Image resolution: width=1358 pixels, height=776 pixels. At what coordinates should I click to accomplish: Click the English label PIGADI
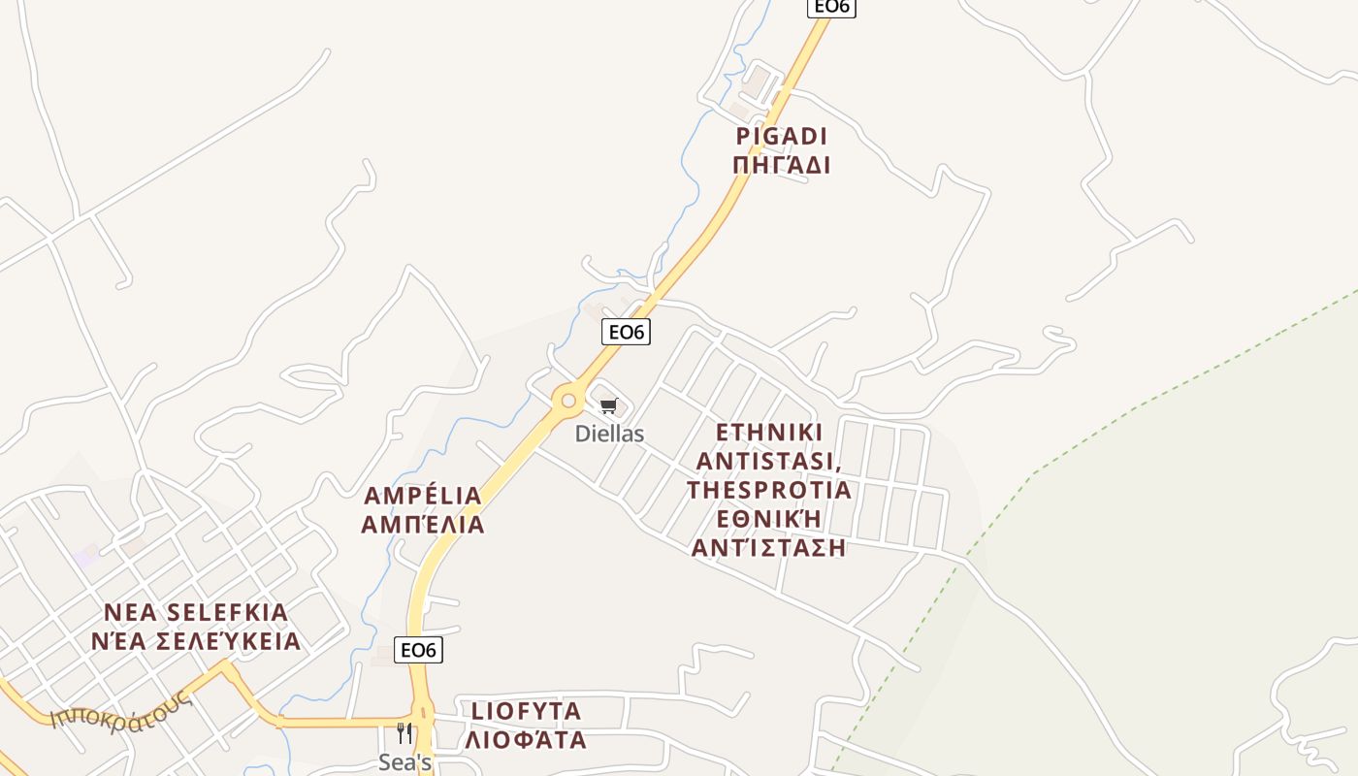pos(781,136)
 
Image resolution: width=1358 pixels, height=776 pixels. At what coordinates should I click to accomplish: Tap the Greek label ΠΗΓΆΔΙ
pos(781,165)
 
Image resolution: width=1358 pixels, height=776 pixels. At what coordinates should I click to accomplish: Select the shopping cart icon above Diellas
pos(608,405)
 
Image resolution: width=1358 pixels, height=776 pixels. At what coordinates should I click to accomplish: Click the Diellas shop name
pos(609,434)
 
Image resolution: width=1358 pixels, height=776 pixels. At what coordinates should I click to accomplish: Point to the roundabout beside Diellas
pos(567,400)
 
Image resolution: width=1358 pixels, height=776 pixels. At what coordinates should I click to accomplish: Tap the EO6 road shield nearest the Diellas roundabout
pos(626,332)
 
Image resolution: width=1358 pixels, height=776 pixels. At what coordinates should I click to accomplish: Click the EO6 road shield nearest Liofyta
pos(418,650)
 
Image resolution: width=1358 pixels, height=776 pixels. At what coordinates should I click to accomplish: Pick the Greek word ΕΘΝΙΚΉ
pos(769,518)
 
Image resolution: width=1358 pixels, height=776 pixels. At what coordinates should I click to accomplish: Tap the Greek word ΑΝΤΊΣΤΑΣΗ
pos(769,548)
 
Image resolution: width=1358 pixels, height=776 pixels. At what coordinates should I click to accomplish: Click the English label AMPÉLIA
pos(422,497)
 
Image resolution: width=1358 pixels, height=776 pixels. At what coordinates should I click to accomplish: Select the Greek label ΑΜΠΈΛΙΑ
pos(422,526)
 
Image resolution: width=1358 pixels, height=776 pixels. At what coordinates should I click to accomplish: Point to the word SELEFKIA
pos(228,613)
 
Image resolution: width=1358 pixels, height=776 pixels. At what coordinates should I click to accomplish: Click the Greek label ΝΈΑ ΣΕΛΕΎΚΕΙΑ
pos(196,642)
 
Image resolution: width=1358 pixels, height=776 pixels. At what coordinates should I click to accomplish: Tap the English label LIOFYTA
pos(526,711)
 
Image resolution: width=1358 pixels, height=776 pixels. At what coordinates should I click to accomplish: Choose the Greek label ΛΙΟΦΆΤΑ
pos(526,740)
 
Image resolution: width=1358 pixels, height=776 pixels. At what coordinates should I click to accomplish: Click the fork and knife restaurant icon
pos(404,733)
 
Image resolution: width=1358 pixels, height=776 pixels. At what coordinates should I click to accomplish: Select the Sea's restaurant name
pos(404,762)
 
